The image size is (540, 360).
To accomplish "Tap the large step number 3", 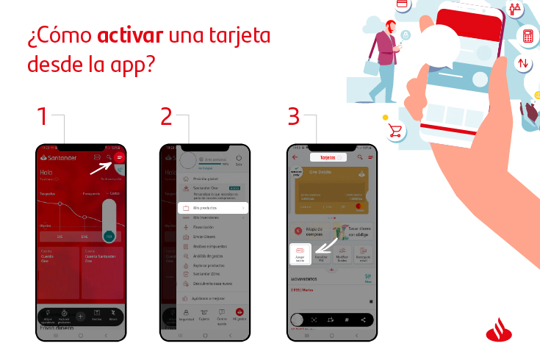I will (x=293, y=117).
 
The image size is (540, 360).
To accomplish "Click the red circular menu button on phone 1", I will (x=120, y=157).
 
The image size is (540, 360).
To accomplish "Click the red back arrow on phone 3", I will (x=295, y=157).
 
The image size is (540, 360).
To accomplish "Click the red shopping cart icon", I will (x=395, y=131).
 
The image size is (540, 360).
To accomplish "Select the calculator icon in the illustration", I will (x=528, y=35).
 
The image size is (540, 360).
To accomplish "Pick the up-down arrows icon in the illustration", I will (x=524, y=63).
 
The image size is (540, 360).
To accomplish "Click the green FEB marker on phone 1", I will (x=109, y=236).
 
